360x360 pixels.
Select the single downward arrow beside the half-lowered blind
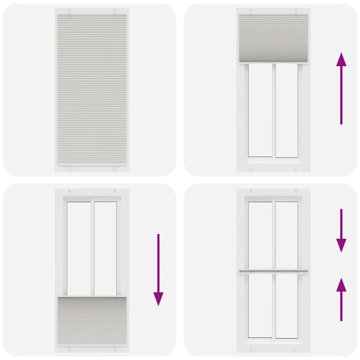pyautogui.click(x=158, y=269)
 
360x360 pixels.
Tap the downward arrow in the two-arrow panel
pyautogui.click(x=341, y=230)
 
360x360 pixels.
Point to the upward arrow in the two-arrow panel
pyautogui.click(x=341, y=299)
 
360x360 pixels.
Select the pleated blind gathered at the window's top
pyautogui.click(x=274, y=38)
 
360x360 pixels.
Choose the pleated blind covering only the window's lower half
pyautogui.click(x=92, y=320)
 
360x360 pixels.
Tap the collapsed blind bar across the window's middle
pyautogui.click(x=274, y=271)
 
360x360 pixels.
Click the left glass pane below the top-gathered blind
pyautogui.click(x=260, y=110)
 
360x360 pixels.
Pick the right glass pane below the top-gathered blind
pyautogui.click(x=287, y=110)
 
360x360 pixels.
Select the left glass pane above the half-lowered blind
pyautogui.click(x=79, y=248)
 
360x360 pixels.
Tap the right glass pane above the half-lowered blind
pyautogui.click(x=105, y=248)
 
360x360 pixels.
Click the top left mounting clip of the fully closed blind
pyautogui.click(x=70, y=11)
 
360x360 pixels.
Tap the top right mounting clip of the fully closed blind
pyautogui.click(x=115, y=11)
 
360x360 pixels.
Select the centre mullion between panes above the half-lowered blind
pyautogui.click(x=92, y=248)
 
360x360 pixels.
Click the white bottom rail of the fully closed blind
pyautogui.click(x=92, y=164)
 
